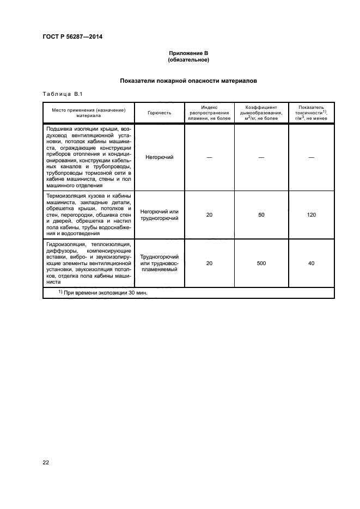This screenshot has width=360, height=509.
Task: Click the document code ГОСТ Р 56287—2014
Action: click(72, 36)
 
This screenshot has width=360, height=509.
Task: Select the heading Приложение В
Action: click(188, 53)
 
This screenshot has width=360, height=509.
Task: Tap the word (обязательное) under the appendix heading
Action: click(188, 59)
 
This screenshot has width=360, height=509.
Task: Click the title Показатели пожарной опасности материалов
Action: click(188, 81)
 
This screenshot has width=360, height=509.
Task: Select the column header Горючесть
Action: click(159, 113)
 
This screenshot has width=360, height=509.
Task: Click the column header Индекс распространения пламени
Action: click(209, 113)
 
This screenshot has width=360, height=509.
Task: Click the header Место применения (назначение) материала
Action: click(89, 113)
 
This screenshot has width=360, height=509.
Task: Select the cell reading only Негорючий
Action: click(159, 157)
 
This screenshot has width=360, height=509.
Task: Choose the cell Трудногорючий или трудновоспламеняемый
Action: click(159, 263)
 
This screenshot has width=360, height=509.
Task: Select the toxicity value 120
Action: click(311, 215)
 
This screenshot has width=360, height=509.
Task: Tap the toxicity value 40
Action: click(311, 263)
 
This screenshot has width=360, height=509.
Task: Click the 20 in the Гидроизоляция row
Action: click(209, 263)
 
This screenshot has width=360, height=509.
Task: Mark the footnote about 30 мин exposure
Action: click(103, 292)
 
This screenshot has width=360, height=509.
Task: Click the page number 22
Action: click(46, 463)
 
